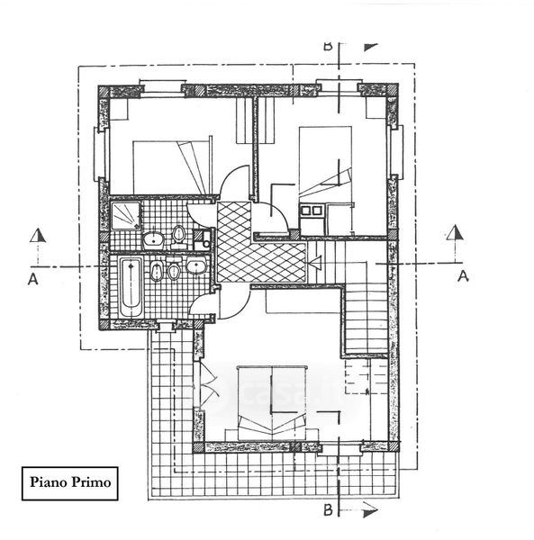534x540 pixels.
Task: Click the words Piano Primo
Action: pyautogui.click(x=70, y=482)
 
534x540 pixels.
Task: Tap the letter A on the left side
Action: pyautogui.click(x=33, y=279)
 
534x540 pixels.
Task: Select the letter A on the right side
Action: pyautogui.click(x=464, y=276)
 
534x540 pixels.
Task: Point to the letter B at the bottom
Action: pyautogui.click(x=328, y=509)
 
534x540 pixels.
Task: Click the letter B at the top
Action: pyautogui.click(x=328, y=47)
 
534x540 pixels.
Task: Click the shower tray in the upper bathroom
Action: pyautogui.click(x=126, y=216)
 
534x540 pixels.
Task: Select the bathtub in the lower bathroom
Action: pyautogui.click(x=131, y=287)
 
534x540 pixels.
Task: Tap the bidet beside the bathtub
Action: pyautogui.click(x=157, y=271)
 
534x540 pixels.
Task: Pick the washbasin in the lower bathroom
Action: pyautogui.click(x=196, y=265)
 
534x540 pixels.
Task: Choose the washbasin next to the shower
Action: pyautogui.click(x=154, y=239)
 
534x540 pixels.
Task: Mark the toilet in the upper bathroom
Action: pyautogui.click(x=179, y=236)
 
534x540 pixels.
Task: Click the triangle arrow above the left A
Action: pyautogui.click(x=38, y=236)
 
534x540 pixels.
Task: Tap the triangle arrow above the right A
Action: pyautogui.click(x=456, y=233)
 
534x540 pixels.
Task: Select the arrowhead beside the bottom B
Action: pyautogui.click(x=370, y=512)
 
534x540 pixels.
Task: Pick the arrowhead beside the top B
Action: pyautogui.click(x=371, y=47)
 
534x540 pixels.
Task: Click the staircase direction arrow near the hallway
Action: pyautogui.click(x=315, y=264)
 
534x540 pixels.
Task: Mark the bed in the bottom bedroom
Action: pyautogui.click(x=272, y=403)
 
